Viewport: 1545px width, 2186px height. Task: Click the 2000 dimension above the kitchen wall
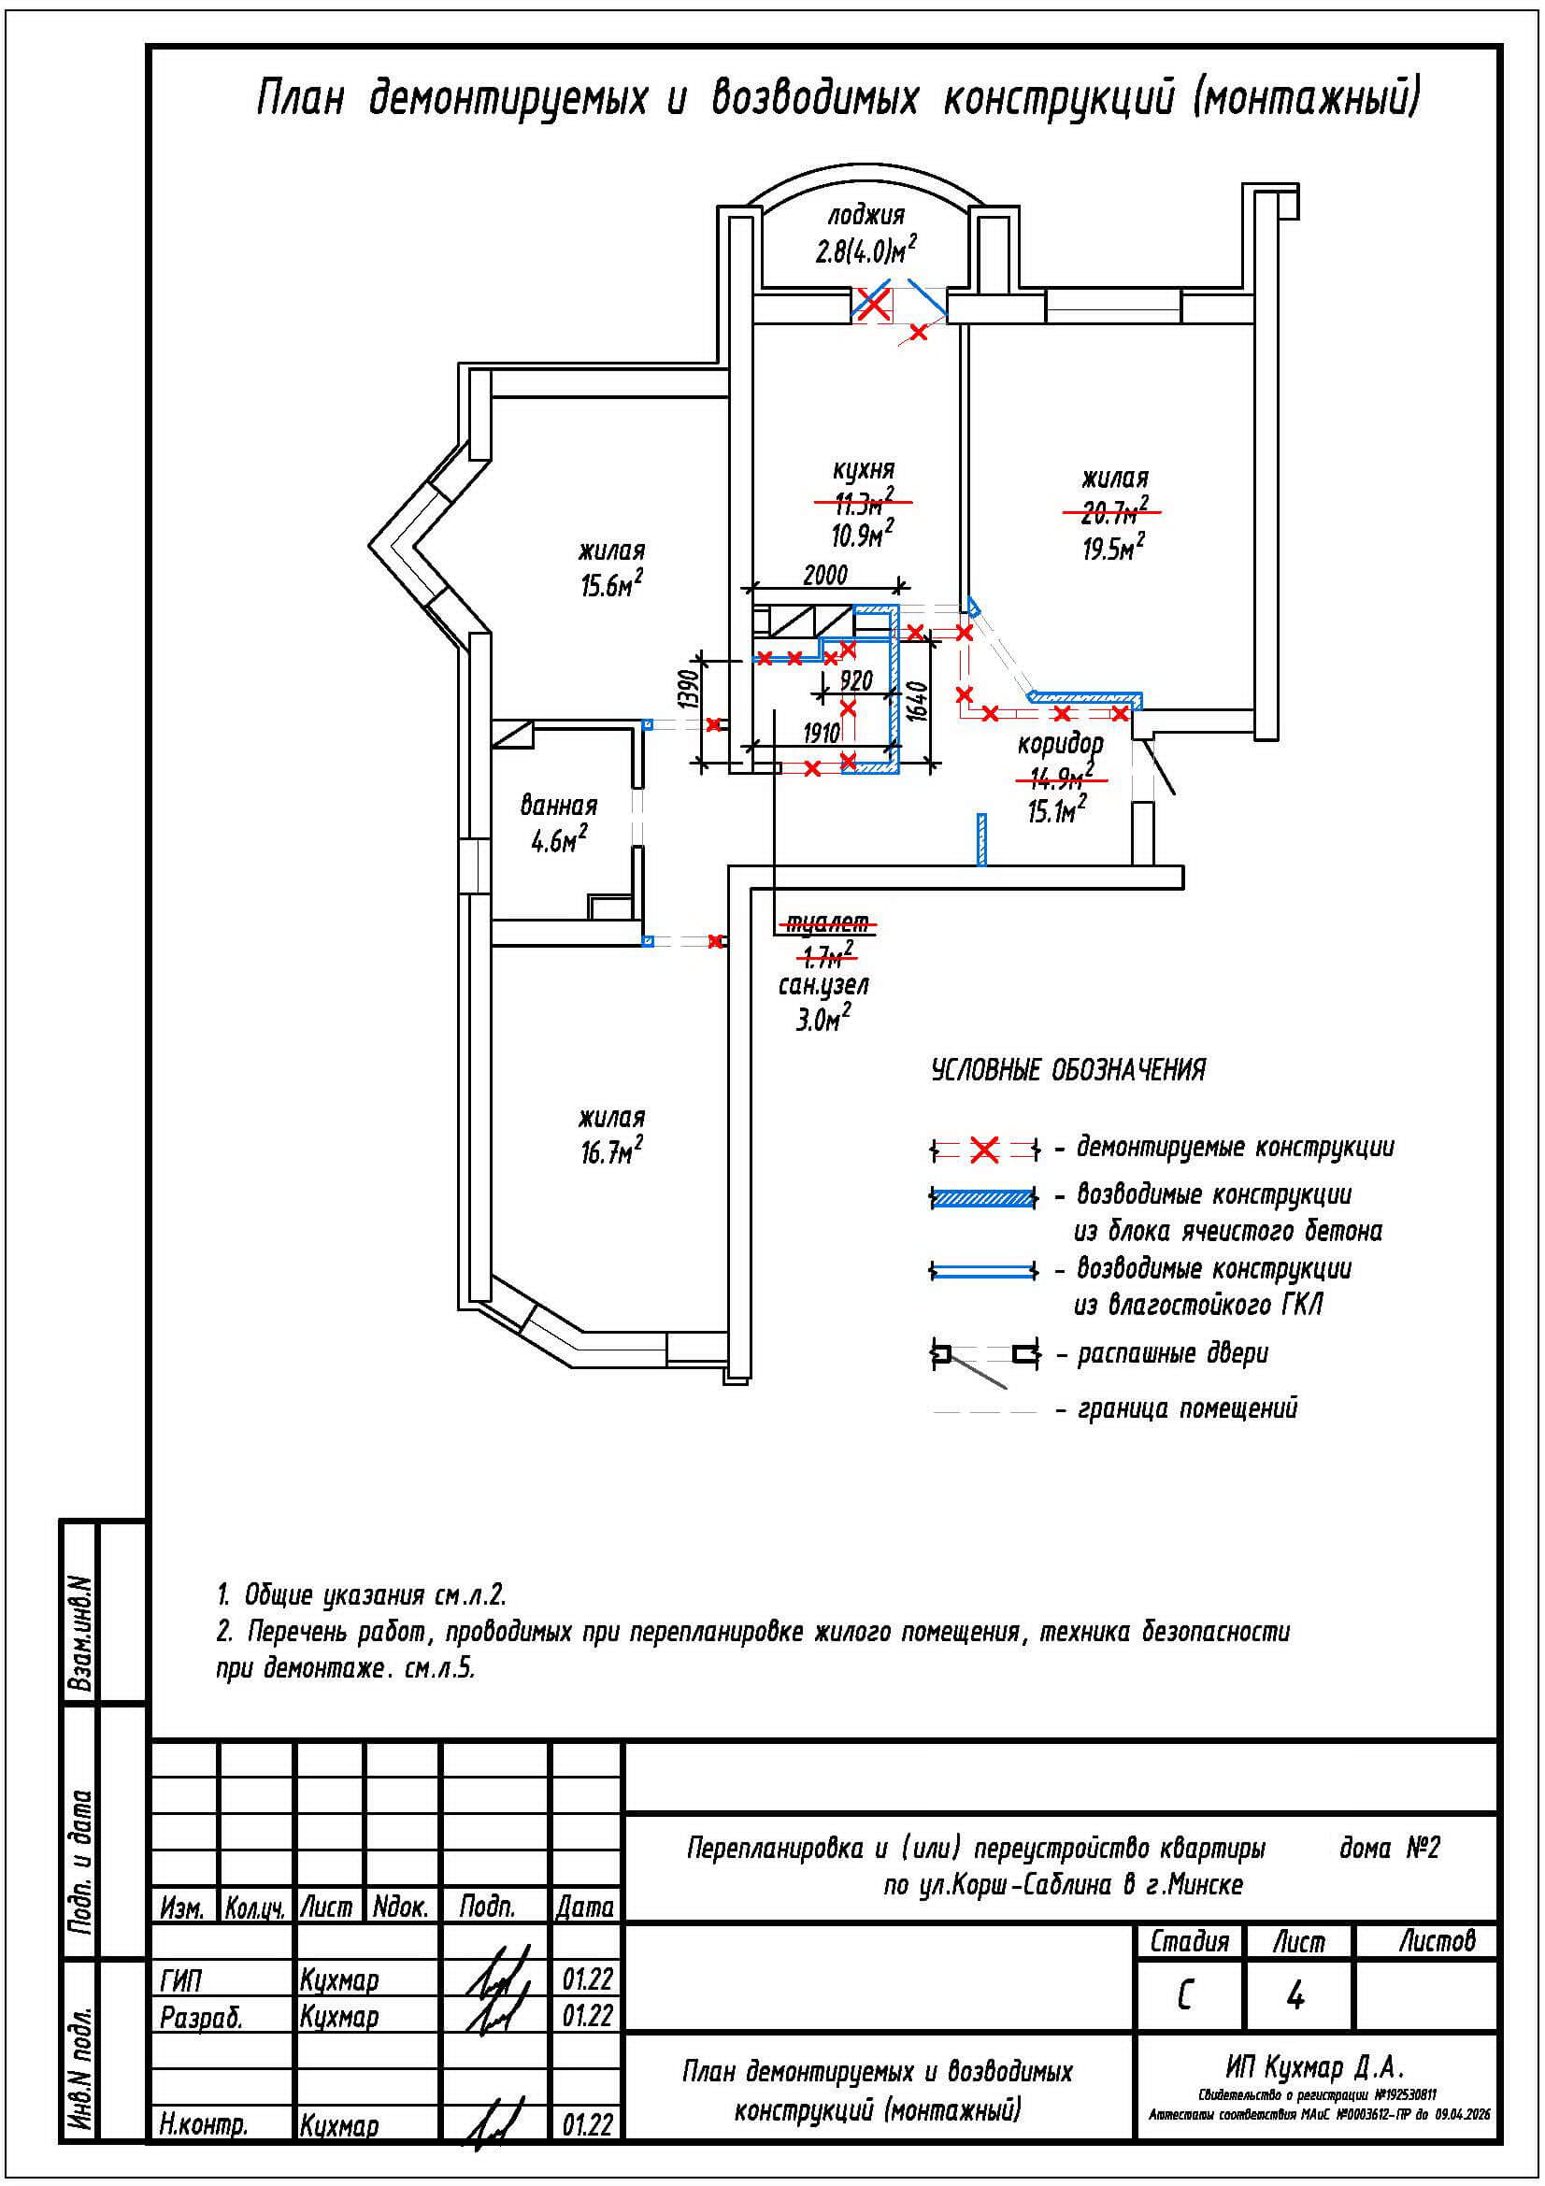[x=824, y=575]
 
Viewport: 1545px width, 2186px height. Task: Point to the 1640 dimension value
[x=917, y=702]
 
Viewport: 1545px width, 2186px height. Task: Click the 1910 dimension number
[x=822, y=732]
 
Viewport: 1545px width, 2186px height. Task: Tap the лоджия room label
[x=865, y=214]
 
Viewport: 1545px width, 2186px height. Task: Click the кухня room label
[x=864, y=469]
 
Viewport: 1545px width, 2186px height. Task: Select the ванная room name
[x=559, y=806]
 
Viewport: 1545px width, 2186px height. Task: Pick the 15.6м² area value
[x=611, y=584]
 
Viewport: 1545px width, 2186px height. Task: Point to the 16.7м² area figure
[x=611, y=1153]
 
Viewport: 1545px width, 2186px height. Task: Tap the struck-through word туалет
[x=826, y=922]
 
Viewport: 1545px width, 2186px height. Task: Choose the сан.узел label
[x=823, y=985]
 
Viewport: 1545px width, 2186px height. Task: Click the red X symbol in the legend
[x=984, y=1150]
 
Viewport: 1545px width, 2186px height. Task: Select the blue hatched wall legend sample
[x=983, y=1198]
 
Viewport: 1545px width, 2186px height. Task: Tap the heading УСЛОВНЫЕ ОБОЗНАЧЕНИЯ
[x=1068, y=1070]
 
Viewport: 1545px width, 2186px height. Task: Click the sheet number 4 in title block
[x=1295, y=1996]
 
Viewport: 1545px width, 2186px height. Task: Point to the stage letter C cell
[x=1185, y=1996]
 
